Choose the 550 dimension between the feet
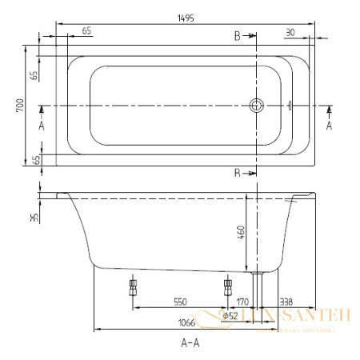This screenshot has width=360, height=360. tap(179, 302)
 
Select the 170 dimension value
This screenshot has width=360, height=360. tap(242, 302)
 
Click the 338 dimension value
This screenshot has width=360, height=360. tap(286, 302)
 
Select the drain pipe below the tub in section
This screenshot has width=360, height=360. tap(257, 284)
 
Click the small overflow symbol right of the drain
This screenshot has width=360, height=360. tap(290, 105)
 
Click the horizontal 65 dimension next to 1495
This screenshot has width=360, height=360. tap(86, 30)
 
